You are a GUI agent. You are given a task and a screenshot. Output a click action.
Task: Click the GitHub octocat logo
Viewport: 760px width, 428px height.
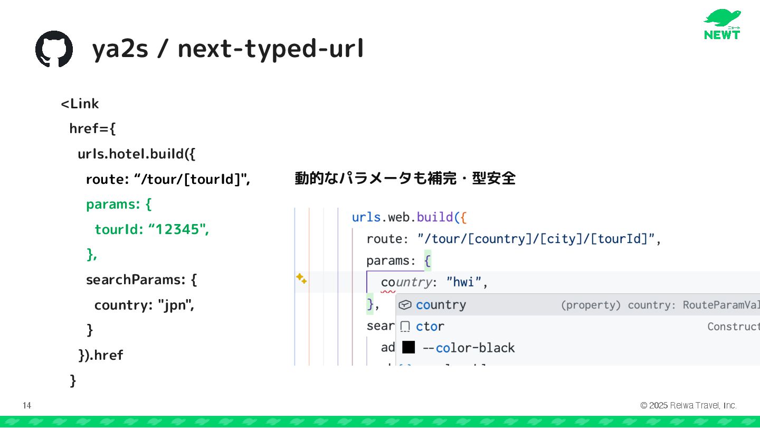pos(54,49)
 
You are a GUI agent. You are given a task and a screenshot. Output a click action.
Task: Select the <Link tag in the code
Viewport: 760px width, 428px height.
pos(80,104)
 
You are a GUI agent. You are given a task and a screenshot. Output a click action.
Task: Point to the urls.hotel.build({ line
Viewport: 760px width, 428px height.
pos(136,154)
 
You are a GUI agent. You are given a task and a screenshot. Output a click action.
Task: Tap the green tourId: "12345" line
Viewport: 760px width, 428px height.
pos(151,229)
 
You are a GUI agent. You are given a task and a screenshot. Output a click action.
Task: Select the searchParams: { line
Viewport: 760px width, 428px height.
pos(141,280)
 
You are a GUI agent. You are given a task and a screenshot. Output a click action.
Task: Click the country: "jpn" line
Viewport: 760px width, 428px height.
pos(144,305)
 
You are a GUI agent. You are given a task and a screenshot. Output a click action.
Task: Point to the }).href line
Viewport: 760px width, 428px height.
pos(100,355)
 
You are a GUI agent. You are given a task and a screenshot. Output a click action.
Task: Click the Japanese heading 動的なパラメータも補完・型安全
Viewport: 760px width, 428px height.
pos(404,179)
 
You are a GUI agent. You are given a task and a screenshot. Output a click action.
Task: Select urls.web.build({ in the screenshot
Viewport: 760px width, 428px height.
pos(410,217)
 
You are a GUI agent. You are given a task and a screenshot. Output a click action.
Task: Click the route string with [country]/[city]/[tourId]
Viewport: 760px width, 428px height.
pos(536,239)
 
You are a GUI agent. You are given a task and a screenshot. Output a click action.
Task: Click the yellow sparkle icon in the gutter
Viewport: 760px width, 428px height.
pos(301,278)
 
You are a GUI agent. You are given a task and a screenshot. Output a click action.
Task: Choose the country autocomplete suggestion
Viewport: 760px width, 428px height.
pos(441,305)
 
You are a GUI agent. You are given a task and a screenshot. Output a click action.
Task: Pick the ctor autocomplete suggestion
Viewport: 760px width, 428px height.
pos(430,327)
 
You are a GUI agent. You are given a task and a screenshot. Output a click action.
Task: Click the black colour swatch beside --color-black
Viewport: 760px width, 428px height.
pos(408,347)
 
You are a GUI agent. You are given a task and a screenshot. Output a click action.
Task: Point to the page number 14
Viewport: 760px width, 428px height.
pos(27,405)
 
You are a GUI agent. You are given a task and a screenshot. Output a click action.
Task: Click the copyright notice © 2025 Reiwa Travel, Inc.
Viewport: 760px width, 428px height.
pos(688,405)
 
